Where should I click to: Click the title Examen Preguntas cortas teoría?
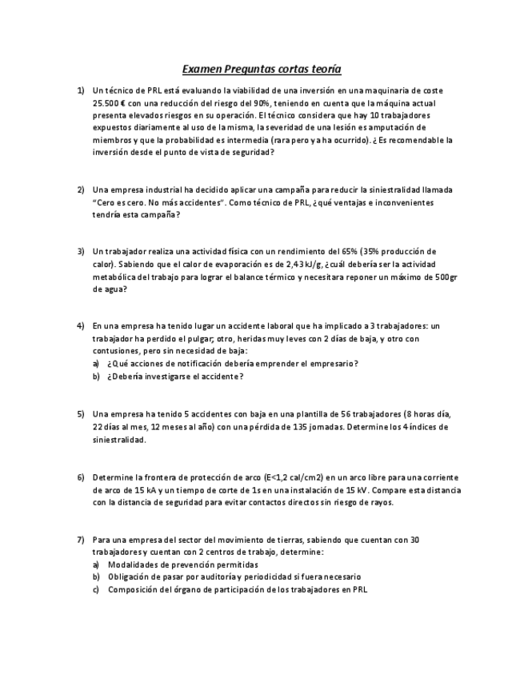[x=262, y=70]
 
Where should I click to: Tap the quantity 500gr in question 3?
[x=443, y=277]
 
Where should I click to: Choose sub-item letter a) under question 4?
[x=96, y=363]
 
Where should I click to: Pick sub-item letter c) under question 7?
[x=96, y=589]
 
